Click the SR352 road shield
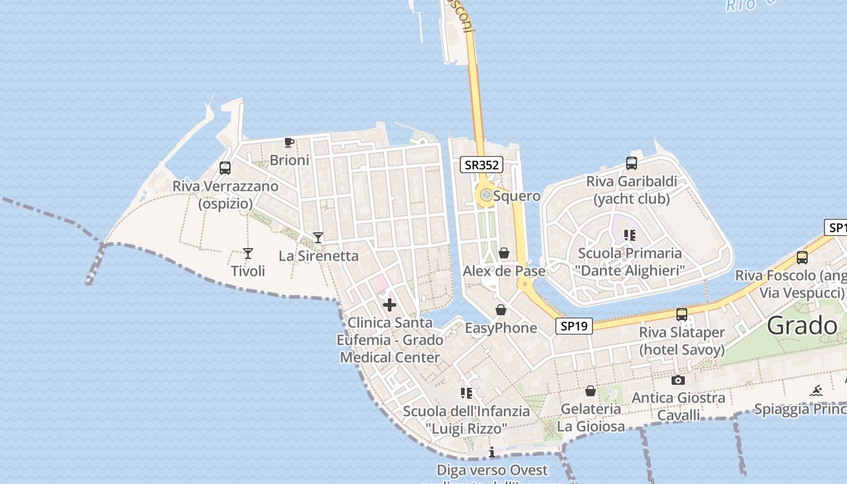[482, 165]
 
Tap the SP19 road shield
[574, 326]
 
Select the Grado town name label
[802, 326]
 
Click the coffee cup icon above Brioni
[289, 143]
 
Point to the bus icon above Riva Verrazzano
[225, 168]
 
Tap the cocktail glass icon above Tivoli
[247, 253]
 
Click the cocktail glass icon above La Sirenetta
[318, 237]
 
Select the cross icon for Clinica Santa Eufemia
[390, 305]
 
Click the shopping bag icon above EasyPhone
[501, 310]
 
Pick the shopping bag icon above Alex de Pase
[503, 253]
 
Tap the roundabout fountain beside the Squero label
[486, 195]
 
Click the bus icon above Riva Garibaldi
[631, 163]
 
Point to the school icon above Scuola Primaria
[630, 235]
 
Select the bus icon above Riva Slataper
[682, 315]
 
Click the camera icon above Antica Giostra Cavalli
[678, 380]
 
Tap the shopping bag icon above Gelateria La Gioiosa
[590, 391]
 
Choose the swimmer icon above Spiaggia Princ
[816, 391]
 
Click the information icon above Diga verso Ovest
[492, 452]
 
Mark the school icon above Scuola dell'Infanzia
[466, 393]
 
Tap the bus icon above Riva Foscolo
[802, 258]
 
